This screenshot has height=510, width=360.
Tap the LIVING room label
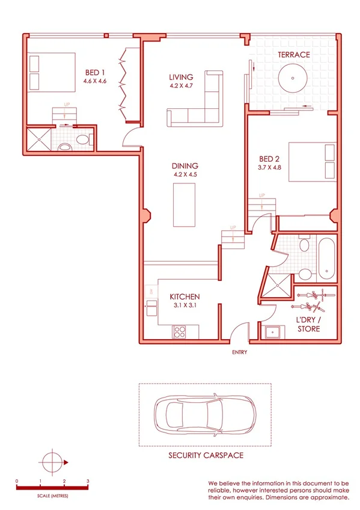[181, 77]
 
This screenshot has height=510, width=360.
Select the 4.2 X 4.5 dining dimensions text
[185, 174]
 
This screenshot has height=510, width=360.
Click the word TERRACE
[293, 55]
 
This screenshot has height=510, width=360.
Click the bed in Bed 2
[312, 161]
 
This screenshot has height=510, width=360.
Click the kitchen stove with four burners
[180, 331]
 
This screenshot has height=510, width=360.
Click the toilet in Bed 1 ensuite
[84, 140]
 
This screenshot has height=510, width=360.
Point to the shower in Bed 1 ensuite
[38, 140]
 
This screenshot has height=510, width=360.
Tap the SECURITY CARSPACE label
[206, 455]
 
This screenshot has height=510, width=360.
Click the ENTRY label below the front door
[239, 352]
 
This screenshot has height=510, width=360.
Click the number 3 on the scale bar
[88, 481]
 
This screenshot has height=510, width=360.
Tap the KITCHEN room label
[184, 297]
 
